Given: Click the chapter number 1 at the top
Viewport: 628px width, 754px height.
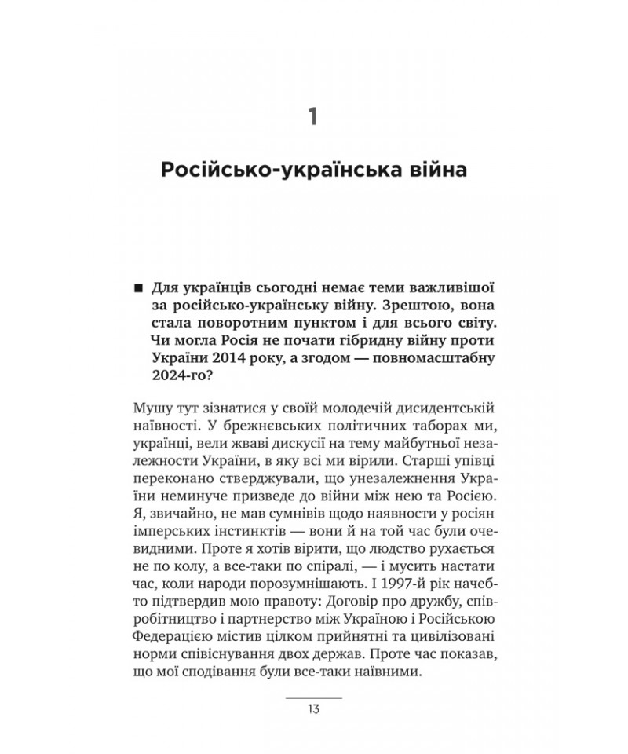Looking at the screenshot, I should [313, 119].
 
